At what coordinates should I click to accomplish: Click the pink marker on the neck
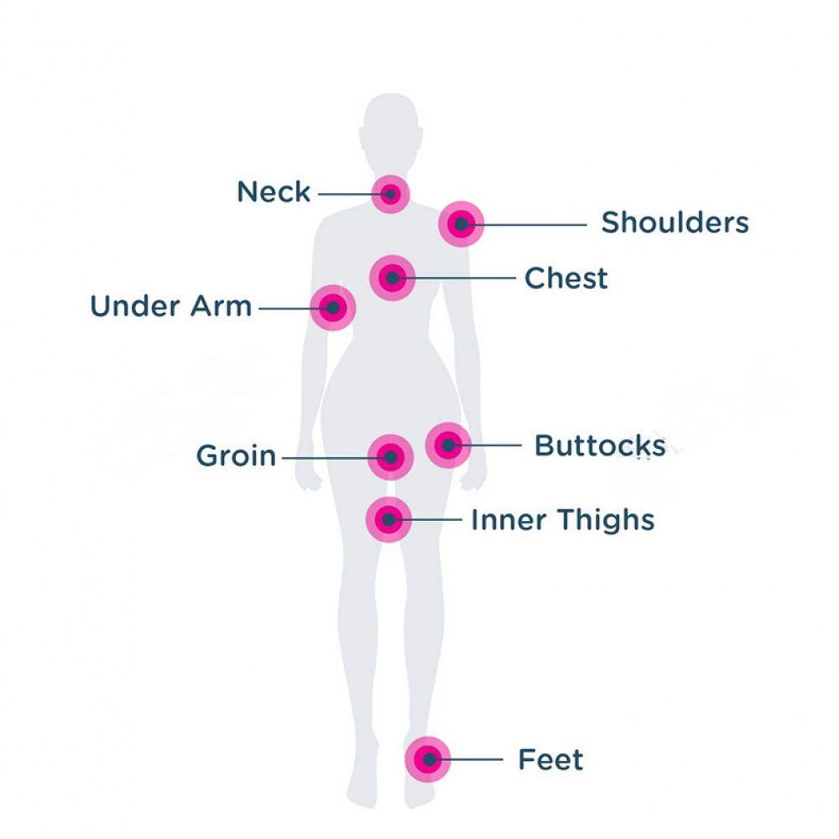tap(390, 195)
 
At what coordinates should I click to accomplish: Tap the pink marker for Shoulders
tap(461, 224)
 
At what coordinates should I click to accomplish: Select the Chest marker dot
tap(392, 278)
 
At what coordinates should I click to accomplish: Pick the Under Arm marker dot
tap(333, 308)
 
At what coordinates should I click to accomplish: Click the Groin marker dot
tap(390, 457)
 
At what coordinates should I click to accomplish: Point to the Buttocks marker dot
tap(448, 445)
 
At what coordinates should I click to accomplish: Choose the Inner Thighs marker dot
tap(388, 519)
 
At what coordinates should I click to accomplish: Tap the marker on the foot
tap(429, 759)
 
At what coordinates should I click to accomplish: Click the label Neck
tap(274, 192)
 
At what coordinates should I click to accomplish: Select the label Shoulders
tap(675, 223)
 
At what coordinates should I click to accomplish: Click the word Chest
tap(565, 278)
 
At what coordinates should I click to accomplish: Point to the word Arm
tap(218, 306)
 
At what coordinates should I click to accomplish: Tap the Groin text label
tap(236, 457)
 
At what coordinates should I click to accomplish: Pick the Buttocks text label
tap(599, 446)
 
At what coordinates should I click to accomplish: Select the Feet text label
tap(550, 760)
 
